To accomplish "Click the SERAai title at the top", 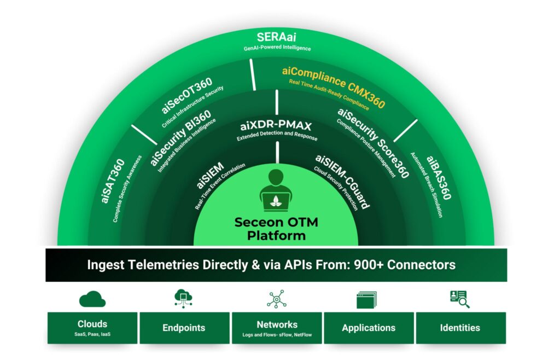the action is point(276,37).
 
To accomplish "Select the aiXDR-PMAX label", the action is point(276,125).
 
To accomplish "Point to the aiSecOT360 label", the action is point(187,95).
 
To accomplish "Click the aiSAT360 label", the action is point(113,181).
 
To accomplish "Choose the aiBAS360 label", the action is point(439,177).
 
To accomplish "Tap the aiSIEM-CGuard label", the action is point(342,181).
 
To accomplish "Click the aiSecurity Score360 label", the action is point(373,143).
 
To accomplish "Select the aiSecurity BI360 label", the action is point(180,138).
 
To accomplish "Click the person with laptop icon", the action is point(276,191).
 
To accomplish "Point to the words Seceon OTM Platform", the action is point(276,229).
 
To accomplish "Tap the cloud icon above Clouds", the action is point(92,299).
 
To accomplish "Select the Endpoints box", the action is point(185,328).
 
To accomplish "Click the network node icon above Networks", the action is point(276,299).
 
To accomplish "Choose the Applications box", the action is point(369,328).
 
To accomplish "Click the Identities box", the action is point(461,328).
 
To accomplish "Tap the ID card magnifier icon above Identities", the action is point(460,299).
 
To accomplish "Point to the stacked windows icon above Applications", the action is point(367,300).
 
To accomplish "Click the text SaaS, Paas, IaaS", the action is point(92,334).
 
